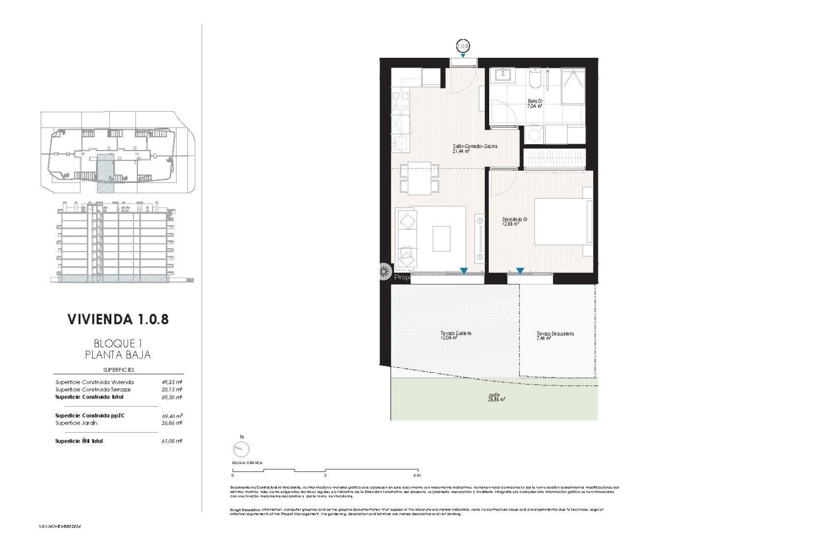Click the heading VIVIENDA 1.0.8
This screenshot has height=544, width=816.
(x=118, y=319)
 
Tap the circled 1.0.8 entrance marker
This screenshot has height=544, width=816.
(x=463, y=45)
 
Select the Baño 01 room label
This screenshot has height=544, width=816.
(x=535, y=104)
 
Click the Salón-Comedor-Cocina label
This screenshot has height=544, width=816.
(x=475, y=148)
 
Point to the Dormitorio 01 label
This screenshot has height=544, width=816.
(x=515, y=221)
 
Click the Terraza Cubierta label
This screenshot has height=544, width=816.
(x=456, y=336)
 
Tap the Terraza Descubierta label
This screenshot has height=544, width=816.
(x=555, y=336)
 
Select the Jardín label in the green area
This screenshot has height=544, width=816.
(x=496, y=397)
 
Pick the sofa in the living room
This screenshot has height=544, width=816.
(x=407, y=238)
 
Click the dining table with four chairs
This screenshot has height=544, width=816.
(x=419, y=179)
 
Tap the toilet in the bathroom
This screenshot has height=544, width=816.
(x=535, y=79)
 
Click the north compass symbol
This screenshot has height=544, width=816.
(x=241, y=448)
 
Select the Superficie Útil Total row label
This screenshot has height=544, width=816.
(x=79, y=441)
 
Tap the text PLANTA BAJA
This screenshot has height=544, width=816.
(x=118, y=354)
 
